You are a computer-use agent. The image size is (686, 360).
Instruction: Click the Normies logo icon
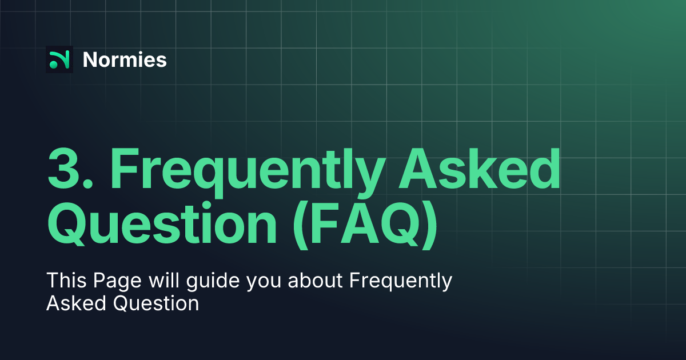tap(59, 59)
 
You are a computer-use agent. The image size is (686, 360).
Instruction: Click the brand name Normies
tap(125, 59)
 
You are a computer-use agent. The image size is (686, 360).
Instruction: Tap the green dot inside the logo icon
tap(53, 65)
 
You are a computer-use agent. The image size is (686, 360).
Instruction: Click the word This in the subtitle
tap(63, 281)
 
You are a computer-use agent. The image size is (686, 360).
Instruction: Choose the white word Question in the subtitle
tap(155, 303)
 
